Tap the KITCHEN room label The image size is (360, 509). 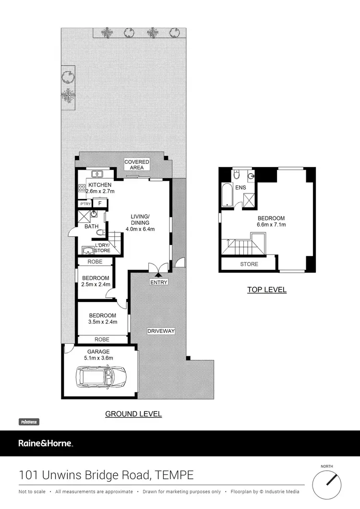(99, 185)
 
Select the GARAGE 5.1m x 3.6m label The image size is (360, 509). (98, 355)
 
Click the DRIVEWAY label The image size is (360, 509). (161, 331)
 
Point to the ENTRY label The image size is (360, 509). (159, 282)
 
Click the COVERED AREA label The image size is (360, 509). (137, 165)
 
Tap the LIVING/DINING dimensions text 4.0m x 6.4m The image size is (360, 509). (141, 229)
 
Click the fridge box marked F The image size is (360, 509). (100, 203)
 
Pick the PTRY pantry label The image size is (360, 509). (85, 204)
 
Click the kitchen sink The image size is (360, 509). (99, 174)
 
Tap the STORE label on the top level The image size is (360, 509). (249, 264)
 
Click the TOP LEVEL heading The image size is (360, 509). (267, 290)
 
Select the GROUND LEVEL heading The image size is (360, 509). (133, 413)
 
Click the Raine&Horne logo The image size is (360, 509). (46, 443)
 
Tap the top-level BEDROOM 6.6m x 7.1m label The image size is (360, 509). (271, 221)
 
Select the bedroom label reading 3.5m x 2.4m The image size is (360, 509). (103, 319)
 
